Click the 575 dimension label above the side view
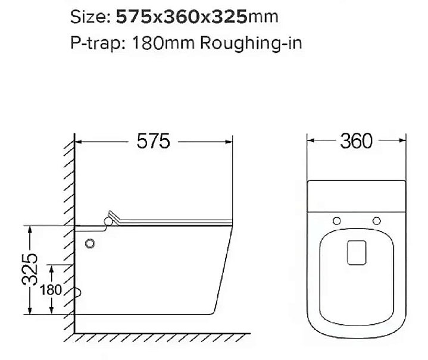(x=153, y=141)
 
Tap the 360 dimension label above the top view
(x=356, y=141)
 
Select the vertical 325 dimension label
(x=30, y=270)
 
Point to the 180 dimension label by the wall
(x=51, y=290)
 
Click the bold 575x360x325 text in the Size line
(x=182, y=17)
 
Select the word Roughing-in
(x=251, y=43)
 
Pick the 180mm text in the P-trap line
(x=163, y=43)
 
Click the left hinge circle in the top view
(x=337, y=221)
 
